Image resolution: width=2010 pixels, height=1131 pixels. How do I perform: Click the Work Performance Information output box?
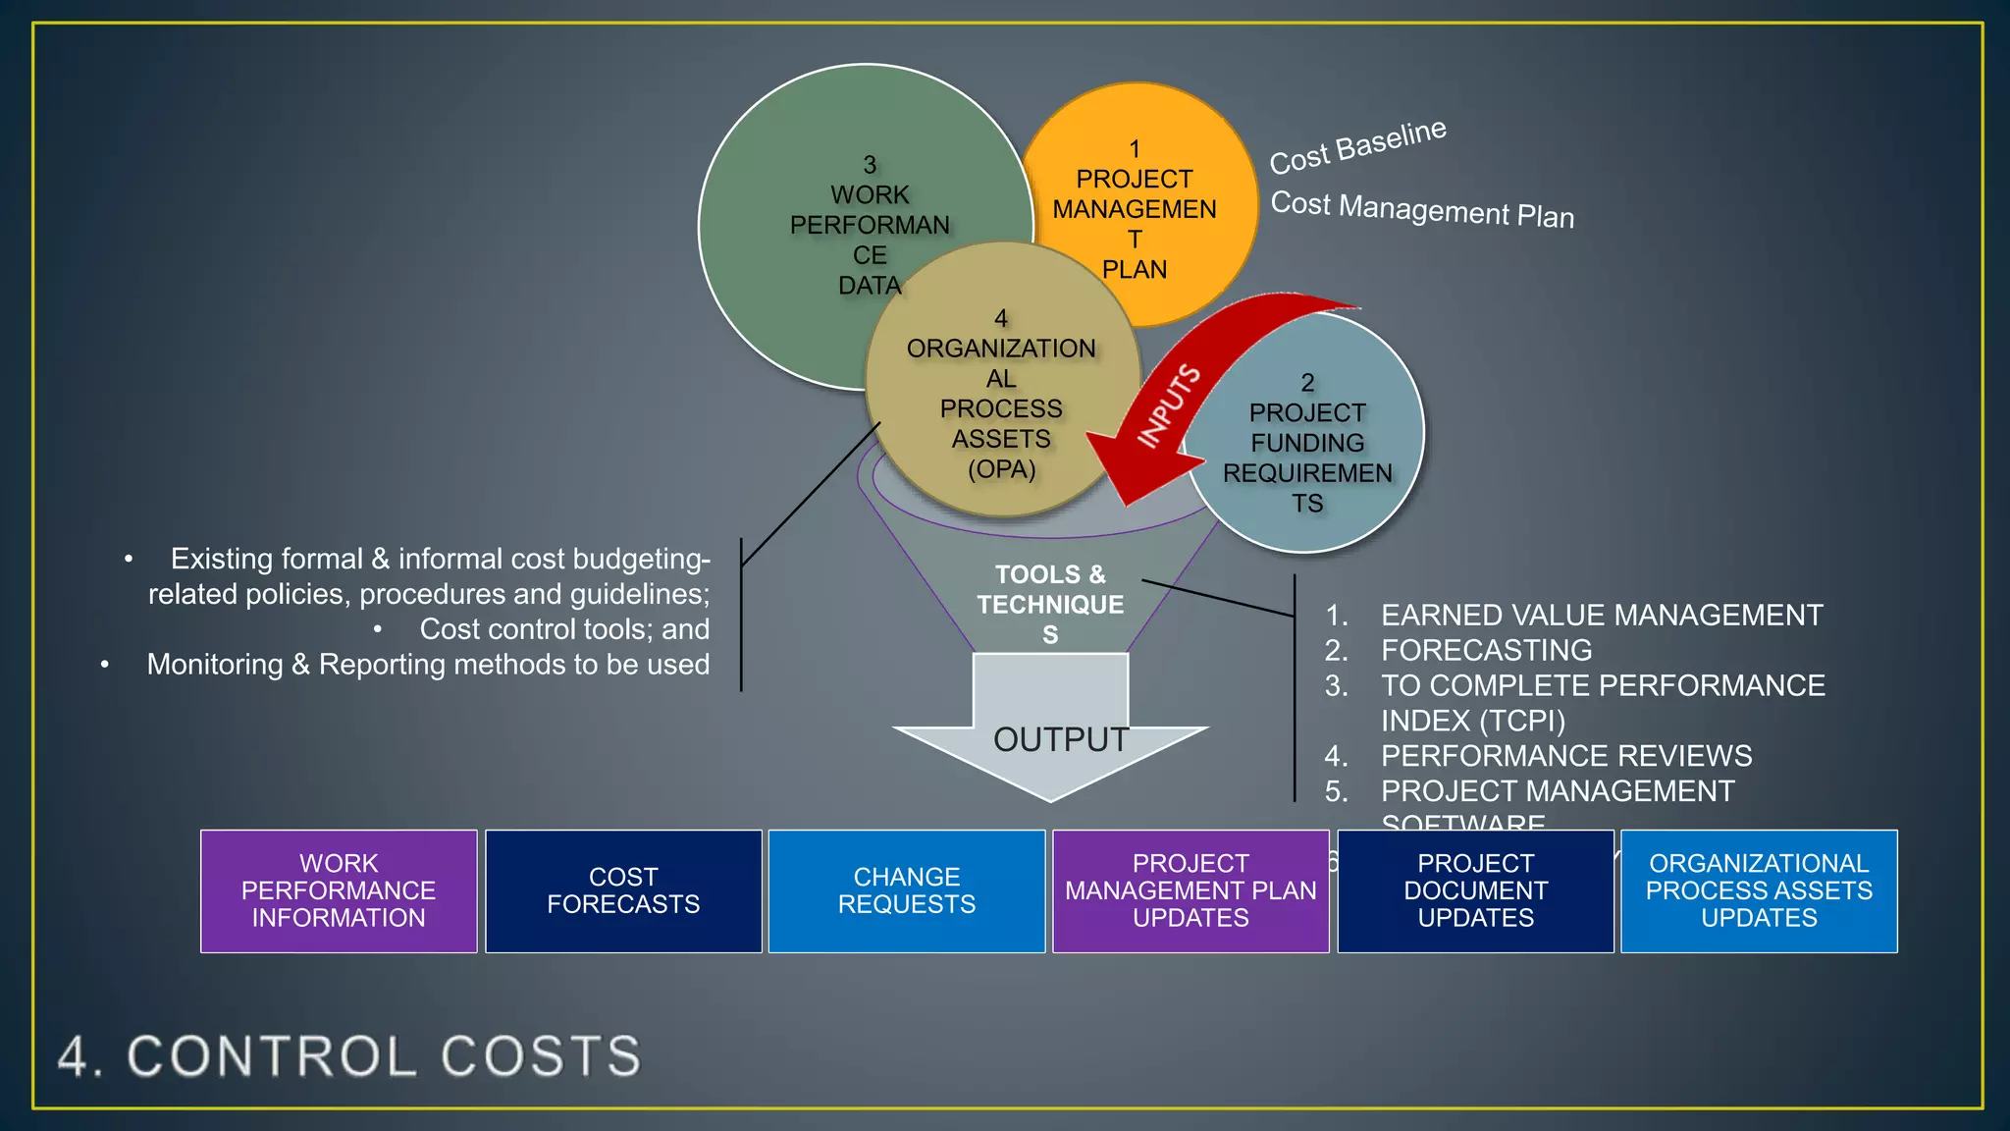click(339, 890)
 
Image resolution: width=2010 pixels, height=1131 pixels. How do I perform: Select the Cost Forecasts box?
click(623, 890)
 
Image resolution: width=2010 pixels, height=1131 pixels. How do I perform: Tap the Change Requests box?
click(907, 890)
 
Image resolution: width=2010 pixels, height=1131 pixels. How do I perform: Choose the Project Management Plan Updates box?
click(1190, 890)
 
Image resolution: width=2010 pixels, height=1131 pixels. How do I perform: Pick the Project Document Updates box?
click(1475, 890)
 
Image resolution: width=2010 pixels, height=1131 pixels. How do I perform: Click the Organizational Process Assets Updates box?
click(1759, 890)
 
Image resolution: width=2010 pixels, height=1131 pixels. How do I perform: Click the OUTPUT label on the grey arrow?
click(1060, 739)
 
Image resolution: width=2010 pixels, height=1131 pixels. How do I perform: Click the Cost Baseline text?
click(1357, 146)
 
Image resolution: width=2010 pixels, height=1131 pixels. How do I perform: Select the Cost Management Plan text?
click(1422, 209)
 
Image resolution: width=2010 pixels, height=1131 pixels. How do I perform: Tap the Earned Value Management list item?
click(1601, 616)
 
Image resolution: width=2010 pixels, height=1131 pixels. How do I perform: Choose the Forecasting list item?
click(1486, 650)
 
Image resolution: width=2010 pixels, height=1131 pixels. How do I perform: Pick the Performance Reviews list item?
click(1565, 756)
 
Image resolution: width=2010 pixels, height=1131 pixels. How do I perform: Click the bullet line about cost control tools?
click(563, 629)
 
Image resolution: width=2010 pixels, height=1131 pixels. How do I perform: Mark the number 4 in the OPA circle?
click(1001, 318)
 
